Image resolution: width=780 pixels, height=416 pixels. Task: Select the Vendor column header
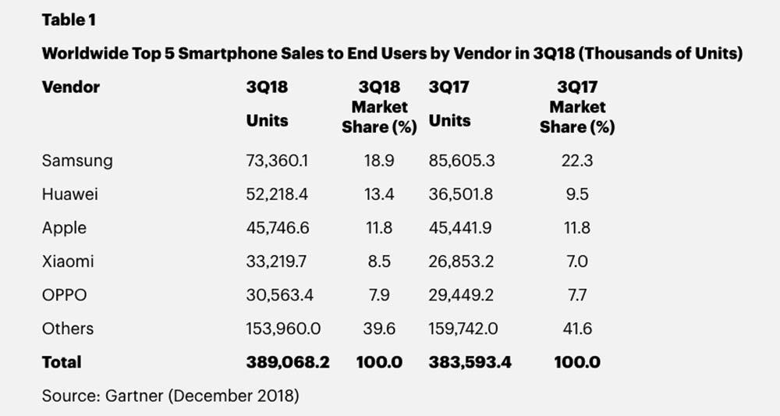(x=71, y=87)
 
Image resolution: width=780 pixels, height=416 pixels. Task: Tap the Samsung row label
(x=77, y=161)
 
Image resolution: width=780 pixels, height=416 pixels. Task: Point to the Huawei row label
(x=71, y=194)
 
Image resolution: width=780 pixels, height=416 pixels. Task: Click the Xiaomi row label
(x=68, y=261)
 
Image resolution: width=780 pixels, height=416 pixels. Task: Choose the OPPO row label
(x=65, y=295)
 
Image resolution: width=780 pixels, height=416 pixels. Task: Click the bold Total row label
(x=62, y=362)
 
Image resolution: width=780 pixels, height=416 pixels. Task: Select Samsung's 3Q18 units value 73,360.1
(x=277, y=161)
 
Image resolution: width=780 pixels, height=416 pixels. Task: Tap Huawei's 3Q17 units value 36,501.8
(x=461, y=194)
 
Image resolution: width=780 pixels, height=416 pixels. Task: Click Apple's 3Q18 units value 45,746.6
(x=277, y=228)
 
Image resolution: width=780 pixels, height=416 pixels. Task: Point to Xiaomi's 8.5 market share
(x=379, y=261)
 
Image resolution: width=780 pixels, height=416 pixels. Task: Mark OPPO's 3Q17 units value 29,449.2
(x=461, y=295)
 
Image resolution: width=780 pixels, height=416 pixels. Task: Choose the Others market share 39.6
(x=379, y=329)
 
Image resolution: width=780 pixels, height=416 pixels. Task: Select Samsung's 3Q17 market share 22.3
(x=576, y=161)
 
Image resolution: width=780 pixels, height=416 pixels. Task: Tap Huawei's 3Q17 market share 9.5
(x=576, y=194)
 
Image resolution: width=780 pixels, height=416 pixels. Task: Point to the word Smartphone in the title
(x=235, y=54)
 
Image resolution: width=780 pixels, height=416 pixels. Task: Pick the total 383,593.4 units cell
(x=470, y=362)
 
